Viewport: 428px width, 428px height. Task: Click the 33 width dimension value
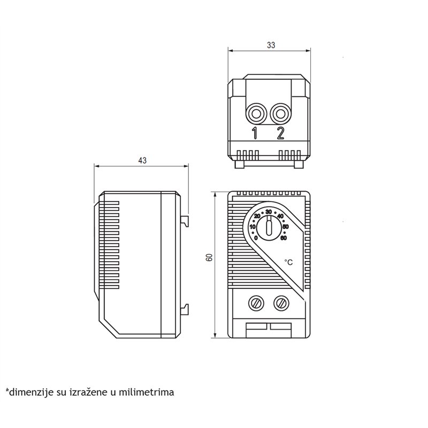[270, 46]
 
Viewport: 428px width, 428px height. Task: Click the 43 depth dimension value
[142, 160]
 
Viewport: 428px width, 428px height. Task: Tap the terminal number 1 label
[255, 133]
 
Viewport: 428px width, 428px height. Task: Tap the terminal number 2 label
[280, 133]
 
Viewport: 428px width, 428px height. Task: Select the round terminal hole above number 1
[256, 114]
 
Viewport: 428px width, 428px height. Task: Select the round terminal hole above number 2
[280, 114]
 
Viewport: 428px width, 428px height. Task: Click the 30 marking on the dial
[269, 212]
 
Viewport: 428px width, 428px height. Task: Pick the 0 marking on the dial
[256, 238]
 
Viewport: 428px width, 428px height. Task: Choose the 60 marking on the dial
[284, 238]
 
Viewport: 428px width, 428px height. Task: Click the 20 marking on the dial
[257, 216]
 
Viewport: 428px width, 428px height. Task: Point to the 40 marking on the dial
[280, 216]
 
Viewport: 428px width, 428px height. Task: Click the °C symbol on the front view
[288, 262]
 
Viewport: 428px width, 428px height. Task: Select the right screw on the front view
[280, 303]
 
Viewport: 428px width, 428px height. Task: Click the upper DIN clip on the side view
[185, 220]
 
